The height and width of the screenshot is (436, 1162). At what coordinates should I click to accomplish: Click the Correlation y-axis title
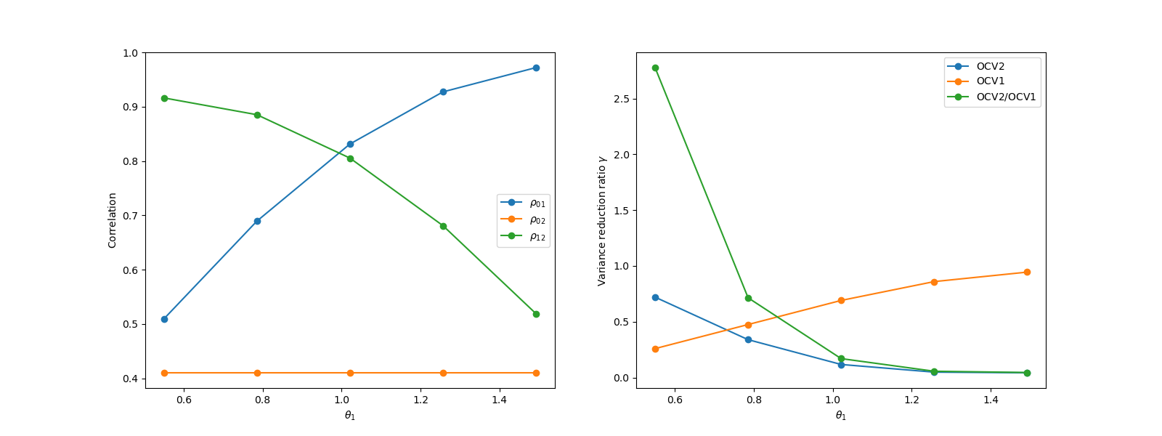(x=113, y=220)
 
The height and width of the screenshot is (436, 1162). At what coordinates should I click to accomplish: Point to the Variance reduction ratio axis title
(x=602, y=220)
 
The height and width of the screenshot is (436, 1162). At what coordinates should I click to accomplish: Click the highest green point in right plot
(x=655, y=68)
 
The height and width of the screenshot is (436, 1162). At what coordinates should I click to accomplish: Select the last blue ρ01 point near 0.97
(x=536, y=68)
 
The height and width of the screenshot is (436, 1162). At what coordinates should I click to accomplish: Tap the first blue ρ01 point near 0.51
(x=164, y=319)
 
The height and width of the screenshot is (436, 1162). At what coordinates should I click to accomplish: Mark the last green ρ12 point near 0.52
(x=536, y=314)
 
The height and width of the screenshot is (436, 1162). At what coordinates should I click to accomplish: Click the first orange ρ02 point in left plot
(x=164, y=373)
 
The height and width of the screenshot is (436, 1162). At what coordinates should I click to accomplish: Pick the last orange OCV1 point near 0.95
(x=1027, y=272)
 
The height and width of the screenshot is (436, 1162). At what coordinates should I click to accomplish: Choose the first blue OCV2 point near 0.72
(x=655, y=297)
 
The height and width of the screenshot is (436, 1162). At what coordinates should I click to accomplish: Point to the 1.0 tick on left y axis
(x=130, y=53)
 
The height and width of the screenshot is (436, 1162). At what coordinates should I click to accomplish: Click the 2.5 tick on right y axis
(x=621, y=99)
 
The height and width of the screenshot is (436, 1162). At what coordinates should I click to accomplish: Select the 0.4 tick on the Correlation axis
(x=130, y=379)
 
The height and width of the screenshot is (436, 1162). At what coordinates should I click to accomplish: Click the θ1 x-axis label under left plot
(x=350, y=416)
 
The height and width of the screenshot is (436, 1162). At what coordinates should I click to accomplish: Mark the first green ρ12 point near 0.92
(x=164, y=98)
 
